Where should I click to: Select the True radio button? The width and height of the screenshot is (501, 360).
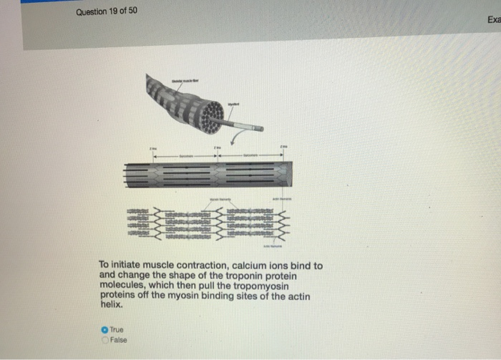point(105,330)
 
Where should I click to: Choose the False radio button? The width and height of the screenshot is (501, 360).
point(105,340)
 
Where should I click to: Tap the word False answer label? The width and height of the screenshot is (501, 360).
point(119,340)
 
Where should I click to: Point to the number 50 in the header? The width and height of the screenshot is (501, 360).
point(132,11)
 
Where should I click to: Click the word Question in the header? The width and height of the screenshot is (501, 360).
point(92,11)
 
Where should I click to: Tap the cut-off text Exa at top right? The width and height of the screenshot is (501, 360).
point(493,20)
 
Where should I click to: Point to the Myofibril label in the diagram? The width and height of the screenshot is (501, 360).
point(235,104)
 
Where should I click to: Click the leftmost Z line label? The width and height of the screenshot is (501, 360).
point(151,147)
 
